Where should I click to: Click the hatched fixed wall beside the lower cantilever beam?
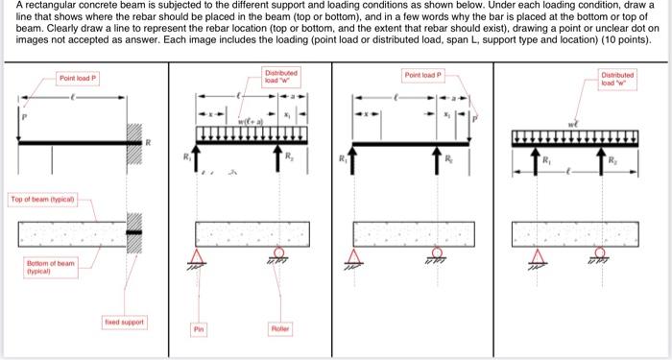[x=133, y=233]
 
